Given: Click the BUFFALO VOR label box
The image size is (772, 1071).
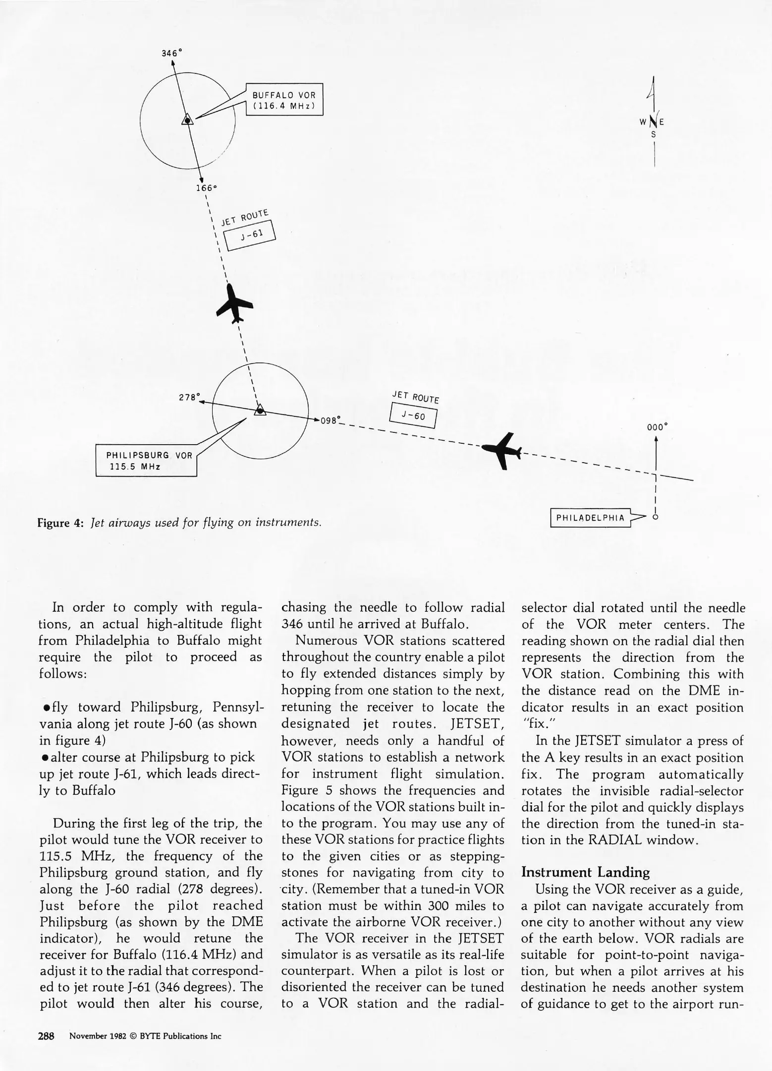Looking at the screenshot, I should [284, 100].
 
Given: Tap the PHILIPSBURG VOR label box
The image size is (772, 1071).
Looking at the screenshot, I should [147, 461].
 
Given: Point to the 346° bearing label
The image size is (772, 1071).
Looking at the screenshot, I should [172, 53].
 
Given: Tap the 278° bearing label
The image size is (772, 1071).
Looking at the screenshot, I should [189, 397].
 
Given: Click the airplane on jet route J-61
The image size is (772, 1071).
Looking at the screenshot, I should [235, 304].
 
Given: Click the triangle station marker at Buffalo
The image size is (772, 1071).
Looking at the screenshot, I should [187, 119].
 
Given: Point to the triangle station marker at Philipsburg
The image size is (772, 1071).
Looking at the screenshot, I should [260, 410].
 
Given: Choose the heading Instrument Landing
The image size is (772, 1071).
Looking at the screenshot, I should [585, 872].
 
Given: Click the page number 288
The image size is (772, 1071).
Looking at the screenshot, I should [46, 1036].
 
